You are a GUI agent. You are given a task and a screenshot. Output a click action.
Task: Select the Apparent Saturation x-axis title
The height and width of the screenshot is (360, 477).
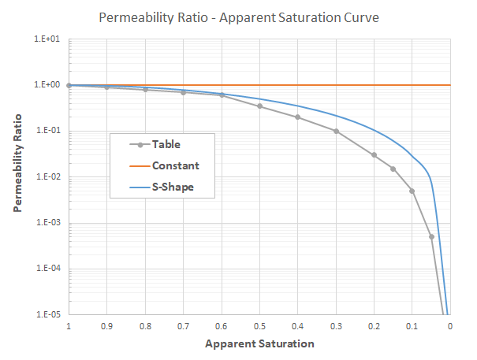pos(259,343)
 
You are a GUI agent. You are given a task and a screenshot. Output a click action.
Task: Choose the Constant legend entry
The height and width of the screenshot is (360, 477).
pos(175,165)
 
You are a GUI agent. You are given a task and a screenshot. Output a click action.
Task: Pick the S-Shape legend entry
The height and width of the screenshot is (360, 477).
pos(173,187)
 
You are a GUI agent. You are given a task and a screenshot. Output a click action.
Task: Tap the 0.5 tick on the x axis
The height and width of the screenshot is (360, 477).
pos(259,325)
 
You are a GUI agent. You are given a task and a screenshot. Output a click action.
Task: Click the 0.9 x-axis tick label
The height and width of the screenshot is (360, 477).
pos(107,325)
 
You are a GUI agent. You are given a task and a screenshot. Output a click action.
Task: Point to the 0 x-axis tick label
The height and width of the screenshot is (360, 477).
pos(449,325)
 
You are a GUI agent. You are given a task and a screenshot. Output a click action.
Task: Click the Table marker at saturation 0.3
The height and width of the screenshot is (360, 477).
pos(336,131)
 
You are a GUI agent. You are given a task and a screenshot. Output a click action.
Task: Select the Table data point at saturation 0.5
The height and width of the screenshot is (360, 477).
pos(259,106)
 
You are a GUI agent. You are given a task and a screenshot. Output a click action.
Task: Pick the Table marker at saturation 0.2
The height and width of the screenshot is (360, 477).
pos(374,154)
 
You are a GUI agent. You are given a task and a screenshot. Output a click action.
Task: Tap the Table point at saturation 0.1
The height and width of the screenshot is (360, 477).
pos(412,191)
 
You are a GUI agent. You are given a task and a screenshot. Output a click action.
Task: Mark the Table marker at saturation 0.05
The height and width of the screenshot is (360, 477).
pos(431,236)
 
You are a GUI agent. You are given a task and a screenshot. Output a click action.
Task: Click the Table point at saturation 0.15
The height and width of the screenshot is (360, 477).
pos(393,169)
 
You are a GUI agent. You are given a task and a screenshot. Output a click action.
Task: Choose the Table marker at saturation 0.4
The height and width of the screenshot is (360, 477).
pos(297,117)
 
